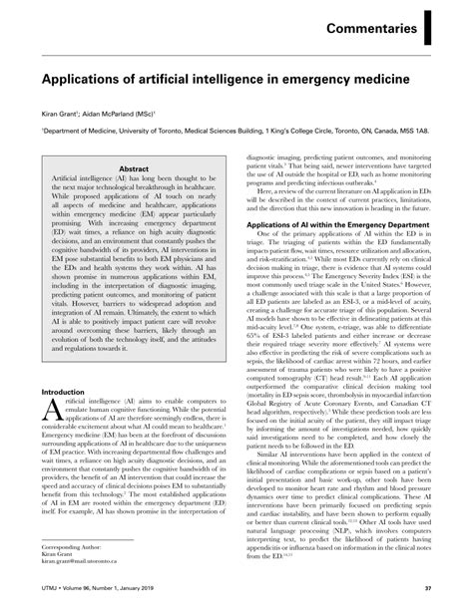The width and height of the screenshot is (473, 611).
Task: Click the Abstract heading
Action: click(x=135, y=170)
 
